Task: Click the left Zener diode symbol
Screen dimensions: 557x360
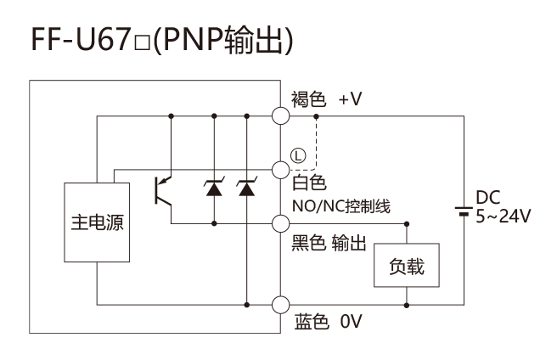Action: coord(214,188)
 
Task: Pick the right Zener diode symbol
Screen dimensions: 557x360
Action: coord(247,188)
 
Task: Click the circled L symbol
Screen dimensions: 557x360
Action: coord(298,155)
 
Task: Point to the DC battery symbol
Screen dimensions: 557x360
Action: coord(464,211)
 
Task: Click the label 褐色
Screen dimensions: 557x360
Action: coord(308,98)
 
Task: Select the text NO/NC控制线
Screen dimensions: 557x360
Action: coord(341,206)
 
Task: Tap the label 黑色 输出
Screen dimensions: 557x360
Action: coord(329,243)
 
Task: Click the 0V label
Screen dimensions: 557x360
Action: coord(351,321)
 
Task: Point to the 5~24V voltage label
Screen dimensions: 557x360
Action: coord(503,216)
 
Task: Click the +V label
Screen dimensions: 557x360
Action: coord(351,98)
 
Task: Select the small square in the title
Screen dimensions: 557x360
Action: coord(142,44)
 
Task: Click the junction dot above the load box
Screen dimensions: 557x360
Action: coord(407,224)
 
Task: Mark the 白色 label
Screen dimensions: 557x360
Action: coord(309,183)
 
